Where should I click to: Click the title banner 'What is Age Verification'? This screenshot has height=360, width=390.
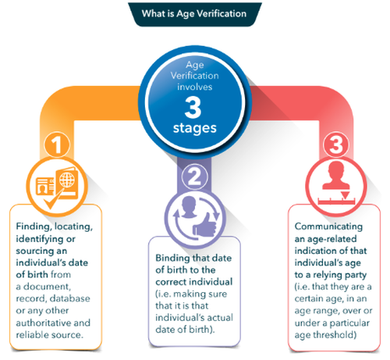coord(195,14)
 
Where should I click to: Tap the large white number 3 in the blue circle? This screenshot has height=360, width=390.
coord(193,107)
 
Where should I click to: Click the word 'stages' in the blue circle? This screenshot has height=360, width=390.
coord(195,128)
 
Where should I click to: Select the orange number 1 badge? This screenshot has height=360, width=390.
coord(57,144)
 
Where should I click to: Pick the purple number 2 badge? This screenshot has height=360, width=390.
coord(194,177)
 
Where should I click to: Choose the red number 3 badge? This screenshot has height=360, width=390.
coord(336,144)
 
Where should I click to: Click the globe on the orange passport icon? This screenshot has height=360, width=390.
coord(67,180)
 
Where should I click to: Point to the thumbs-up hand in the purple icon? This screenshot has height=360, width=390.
coord(205,224)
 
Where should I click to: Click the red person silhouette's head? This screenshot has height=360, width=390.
coord(336,169)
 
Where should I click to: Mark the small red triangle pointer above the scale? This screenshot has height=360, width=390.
coord(345,195)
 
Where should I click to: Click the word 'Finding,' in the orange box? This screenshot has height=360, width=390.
coord(34,226)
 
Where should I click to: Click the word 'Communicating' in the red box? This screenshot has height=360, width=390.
coord(328,226)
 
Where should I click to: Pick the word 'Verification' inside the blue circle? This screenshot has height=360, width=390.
coord(195,76)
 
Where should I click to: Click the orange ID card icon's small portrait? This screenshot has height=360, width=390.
coord(41,188)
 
